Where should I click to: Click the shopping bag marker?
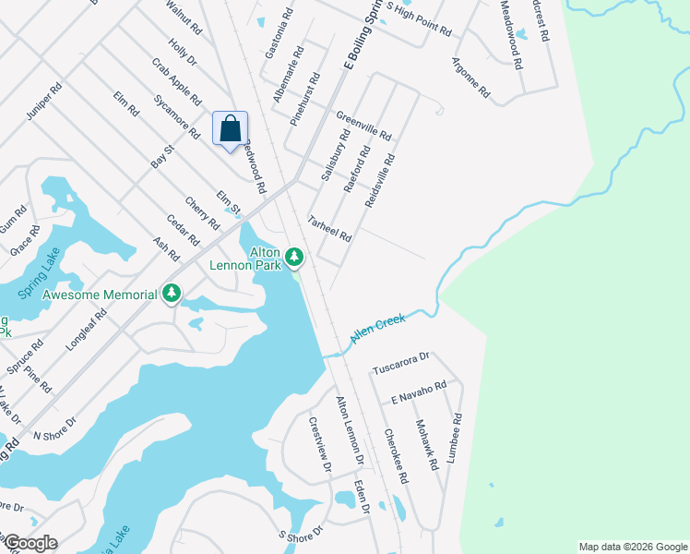[231, 129]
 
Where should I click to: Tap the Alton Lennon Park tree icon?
[294, 256]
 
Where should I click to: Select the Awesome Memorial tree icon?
[171, 294]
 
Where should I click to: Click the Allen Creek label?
[378, 331]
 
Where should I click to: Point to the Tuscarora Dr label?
[401, 363]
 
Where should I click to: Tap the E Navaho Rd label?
[418, 392]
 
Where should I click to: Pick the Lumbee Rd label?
[456, 441]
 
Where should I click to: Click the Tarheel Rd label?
[330, 229]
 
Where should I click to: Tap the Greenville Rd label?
[363, 120]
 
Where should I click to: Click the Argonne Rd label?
[470, 79]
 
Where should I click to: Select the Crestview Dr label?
[320, 445]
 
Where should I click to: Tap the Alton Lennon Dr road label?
[350, 429]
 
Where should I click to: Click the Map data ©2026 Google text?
[632, 547]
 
